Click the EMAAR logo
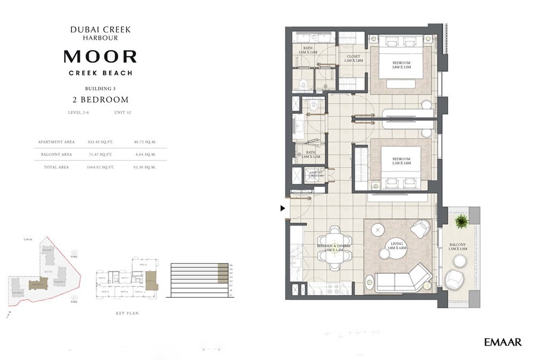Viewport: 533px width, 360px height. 503,342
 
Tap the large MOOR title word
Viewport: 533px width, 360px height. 100,56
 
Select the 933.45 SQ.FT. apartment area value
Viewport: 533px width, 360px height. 101,142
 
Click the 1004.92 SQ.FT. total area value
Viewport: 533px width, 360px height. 100,167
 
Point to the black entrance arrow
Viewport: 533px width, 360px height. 283,208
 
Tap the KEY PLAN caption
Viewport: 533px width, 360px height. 127,313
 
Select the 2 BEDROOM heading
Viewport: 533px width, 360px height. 100,100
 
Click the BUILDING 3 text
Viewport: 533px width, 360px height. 100,88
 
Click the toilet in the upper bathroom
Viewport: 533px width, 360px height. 302,83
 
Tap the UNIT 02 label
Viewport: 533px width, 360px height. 122,112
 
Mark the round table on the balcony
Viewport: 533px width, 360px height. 459,260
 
